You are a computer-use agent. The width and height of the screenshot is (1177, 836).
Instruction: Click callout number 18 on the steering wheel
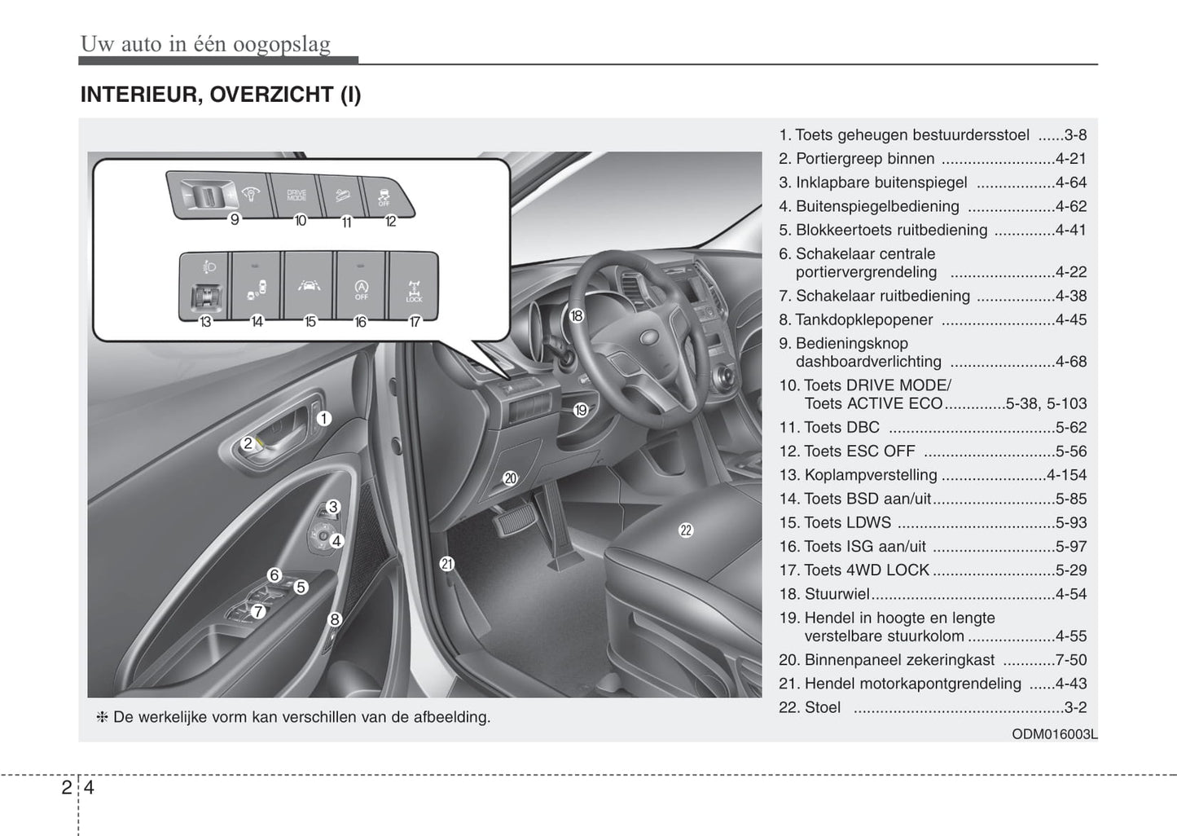[x=577, y=315]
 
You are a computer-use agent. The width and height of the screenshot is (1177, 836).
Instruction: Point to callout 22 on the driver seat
[x=686, y=530]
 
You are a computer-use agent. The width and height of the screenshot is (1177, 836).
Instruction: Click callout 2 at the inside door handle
[x=248, y=444]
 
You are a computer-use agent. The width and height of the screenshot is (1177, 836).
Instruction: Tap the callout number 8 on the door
[x=334, y=619]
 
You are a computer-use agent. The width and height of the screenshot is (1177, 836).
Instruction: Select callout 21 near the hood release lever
[x=446, y=563]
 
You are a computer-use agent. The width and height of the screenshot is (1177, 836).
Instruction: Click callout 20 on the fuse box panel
[x=510, y=478]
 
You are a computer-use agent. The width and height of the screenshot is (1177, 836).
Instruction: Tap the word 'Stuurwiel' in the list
[x=837, y=594]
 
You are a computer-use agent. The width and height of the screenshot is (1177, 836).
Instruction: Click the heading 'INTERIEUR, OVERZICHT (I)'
[x=221, y=95]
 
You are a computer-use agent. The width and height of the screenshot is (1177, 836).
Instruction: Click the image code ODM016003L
[x=1054, y=734]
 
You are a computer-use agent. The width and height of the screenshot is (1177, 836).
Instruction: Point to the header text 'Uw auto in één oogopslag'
[x=205, y=44]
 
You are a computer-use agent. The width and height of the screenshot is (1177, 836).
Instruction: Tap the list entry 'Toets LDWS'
[x=846, y=523]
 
